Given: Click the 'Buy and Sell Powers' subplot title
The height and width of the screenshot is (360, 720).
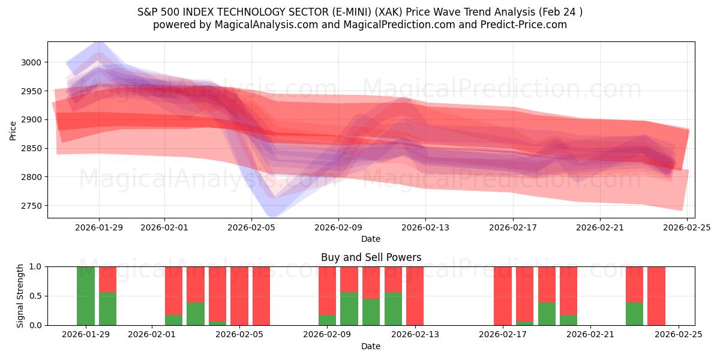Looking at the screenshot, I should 371,257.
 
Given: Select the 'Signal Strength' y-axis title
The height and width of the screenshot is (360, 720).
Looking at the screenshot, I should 20,296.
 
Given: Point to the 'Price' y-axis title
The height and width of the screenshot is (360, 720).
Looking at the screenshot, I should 13,130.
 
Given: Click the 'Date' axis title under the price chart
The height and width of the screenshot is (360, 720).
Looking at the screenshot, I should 371,239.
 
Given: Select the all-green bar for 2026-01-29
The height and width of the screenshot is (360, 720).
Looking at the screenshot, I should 86,296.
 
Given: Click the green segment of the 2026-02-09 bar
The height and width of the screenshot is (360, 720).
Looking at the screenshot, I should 327,320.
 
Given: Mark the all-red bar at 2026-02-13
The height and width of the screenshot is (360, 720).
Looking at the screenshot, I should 415,296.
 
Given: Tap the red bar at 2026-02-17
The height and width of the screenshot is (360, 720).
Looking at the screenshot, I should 502,296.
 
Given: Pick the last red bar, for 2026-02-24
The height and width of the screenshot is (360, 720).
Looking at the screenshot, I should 656,296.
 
